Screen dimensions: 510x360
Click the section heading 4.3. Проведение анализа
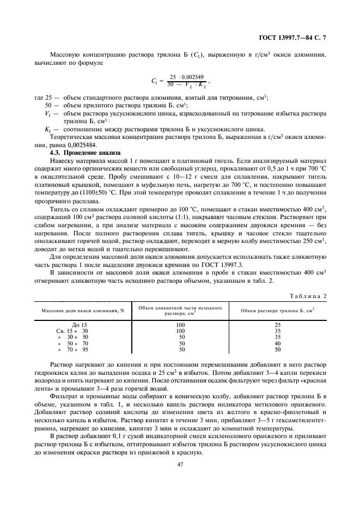coord(84,153)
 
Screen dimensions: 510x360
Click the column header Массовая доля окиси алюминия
coord(81,310)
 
